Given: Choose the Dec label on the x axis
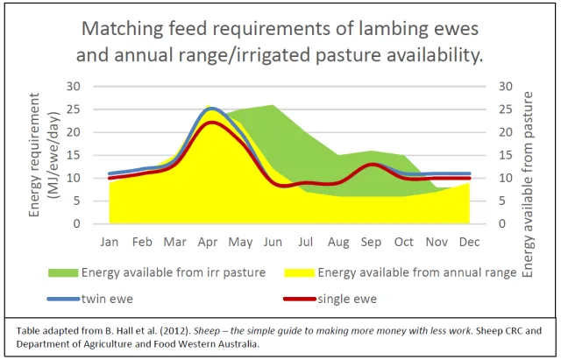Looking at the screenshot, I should click(x=471, y=241).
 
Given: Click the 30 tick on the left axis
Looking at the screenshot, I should click(x=75, y=87).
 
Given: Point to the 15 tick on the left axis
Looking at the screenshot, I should click(x=75, y=155).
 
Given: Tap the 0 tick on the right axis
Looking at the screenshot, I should click(x=501, y=224).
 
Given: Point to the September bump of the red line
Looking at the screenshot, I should click(x=373, y=164).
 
